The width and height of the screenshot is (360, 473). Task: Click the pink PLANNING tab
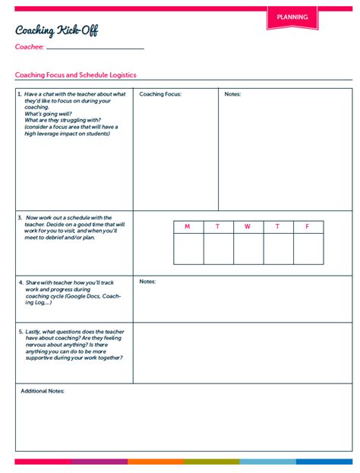pos(292,17)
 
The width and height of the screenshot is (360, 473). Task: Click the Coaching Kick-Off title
pos(56,30)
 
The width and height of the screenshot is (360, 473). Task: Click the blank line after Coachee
pos(95,47)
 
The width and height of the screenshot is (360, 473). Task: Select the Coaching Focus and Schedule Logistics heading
pos(76,75)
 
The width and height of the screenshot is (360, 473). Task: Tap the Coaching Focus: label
pos(160,94)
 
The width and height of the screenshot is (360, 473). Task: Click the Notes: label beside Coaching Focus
pos(233,94)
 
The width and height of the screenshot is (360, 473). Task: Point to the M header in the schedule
pos(188,227)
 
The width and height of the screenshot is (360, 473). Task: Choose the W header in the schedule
pos(248,227)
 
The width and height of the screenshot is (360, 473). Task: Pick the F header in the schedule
pos(308,227)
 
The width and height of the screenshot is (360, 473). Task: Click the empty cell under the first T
pos(218,248)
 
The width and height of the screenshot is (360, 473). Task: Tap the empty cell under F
pos(308,248)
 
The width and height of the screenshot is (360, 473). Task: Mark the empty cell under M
pos(188,248)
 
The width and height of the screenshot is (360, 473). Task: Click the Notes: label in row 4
pos(147,281)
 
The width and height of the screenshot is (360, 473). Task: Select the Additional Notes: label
pos(43,391)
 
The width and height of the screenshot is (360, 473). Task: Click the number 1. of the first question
pos(20,94)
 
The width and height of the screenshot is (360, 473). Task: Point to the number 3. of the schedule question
pos(20,218)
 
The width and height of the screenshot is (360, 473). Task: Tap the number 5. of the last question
pos(20,332)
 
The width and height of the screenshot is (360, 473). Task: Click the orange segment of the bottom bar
pos(156,461)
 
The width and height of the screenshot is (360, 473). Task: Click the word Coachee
pos(29,47)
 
